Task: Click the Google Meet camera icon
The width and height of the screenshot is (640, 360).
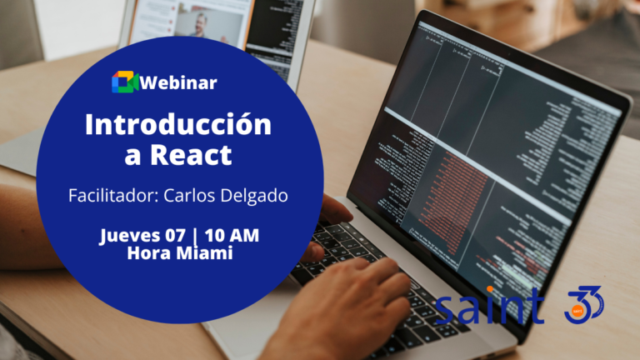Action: (x=126, y=82)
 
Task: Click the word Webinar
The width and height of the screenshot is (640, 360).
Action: (x=179, y=82)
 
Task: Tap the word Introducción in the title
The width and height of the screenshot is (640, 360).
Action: (x=178, y=125)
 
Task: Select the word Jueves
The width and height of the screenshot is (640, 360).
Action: (x=130, y=236)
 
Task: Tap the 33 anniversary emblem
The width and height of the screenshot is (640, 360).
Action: (x=583, y=304)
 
